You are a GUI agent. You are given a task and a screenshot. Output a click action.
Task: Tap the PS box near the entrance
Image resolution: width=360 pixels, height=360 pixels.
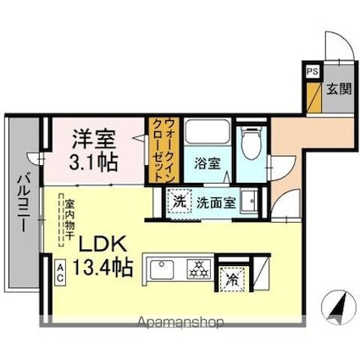(x=312, y=73)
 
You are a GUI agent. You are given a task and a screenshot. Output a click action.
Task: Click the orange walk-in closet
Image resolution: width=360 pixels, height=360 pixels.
(x=158, y=149)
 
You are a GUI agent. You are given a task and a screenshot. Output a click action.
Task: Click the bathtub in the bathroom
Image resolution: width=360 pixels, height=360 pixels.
(x=208, y=135)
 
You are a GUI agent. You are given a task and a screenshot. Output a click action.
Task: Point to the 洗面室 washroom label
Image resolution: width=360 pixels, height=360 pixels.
(x=217, y=202)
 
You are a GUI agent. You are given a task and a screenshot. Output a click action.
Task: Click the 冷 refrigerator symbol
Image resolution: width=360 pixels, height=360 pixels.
(x=231, y=276)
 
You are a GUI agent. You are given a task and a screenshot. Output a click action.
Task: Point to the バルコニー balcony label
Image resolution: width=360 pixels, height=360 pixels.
(x=22, y=207)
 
